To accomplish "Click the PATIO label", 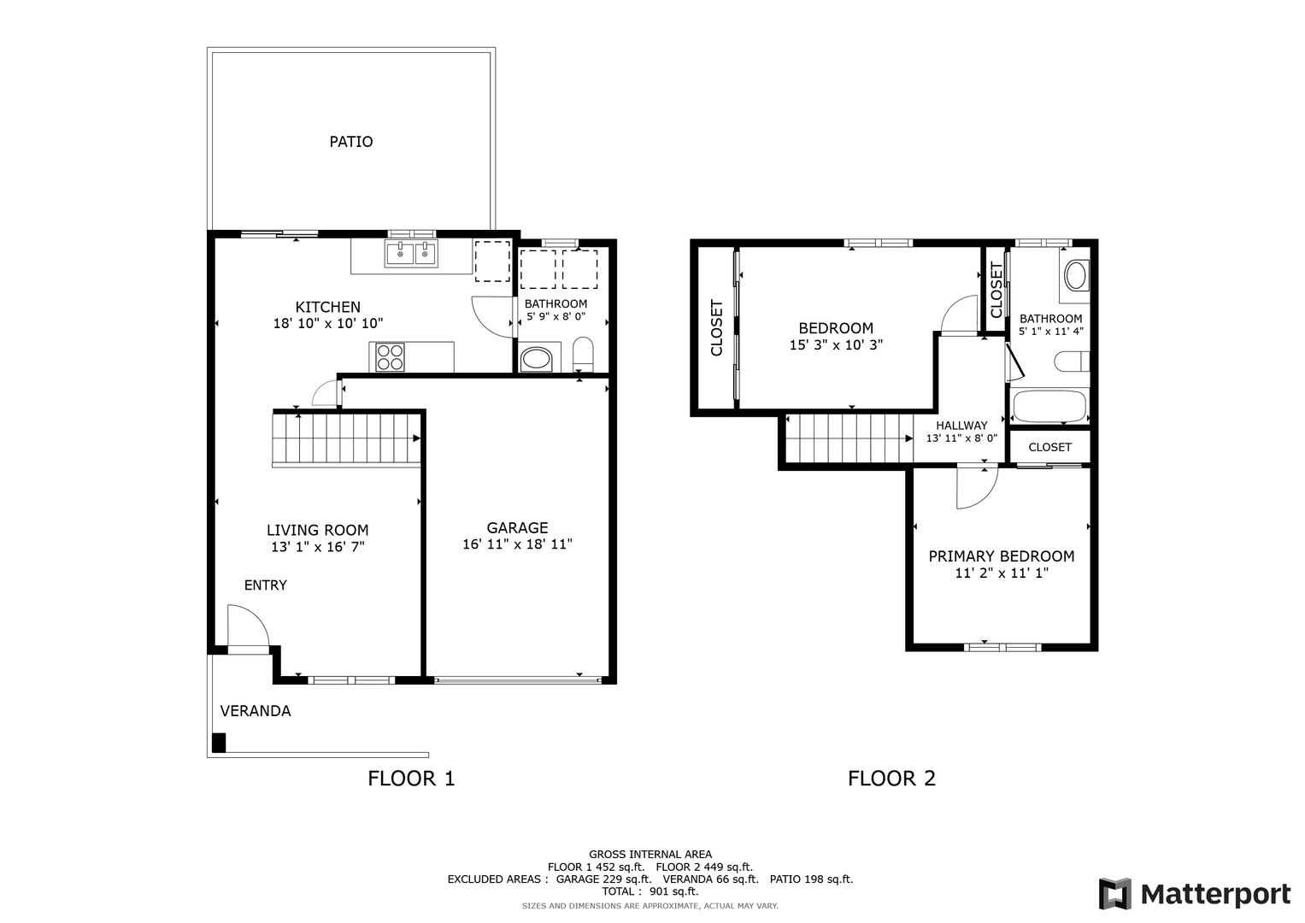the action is pos(350,142).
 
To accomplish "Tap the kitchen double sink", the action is pos(411,254).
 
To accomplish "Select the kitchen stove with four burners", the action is pos(390,356).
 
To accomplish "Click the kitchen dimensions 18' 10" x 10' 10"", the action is pos(328,323).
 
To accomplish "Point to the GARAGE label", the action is pos(517,528).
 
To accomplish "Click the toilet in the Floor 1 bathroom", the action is pos(583,354).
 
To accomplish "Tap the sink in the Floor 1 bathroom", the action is pos(536,359).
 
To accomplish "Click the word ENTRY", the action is pos(265,585).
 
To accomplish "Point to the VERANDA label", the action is pos(256,711).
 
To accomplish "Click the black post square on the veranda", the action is pos(219,743).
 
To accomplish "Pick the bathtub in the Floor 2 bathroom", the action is pos(1049,406).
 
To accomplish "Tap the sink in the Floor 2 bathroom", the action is pos(1075,275).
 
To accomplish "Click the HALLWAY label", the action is pos(961,426).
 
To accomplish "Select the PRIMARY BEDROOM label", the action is pos(1002,556).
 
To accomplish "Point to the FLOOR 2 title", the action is pos(891,779).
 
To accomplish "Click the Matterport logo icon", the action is pos(1115,894).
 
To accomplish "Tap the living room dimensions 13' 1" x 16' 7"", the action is pos(318,547).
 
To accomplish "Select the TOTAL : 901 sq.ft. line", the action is pos(650,891).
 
